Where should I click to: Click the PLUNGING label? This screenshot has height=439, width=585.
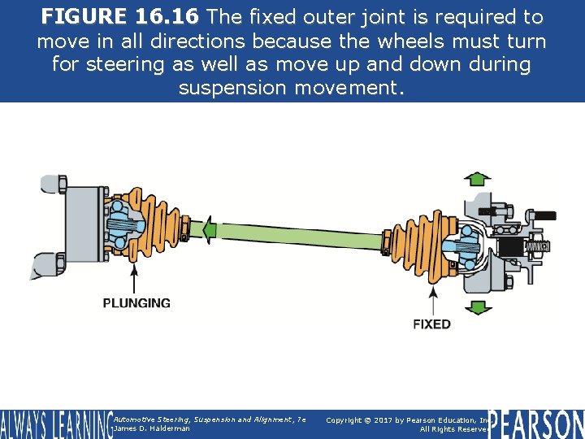(x=136, y=303)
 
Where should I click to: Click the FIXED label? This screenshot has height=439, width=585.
(x=431, y=324)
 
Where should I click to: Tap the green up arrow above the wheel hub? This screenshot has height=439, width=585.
(x=478, y=179)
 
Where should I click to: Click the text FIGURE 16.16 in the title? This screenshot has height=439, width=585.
(x=121, y=17)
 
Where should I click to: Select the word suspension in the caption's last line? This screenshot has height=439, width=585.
(x=230, y=87)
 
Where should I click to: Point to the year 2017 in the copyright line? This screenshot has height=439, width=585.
(x=389, y=419)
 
